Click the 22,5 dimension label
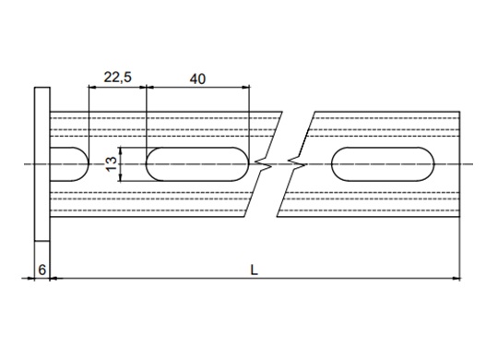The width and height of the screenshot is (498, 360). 117,78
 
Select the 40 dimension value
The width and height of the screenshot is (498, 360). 197,78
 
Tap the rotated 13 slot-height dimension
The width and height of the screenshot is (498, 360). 112,164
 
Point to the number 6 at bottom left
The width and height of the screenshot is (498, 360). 41,270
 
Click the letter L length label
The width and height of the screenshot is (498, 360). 254,270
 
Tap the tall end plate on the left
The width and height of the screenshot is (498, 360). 42,163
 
